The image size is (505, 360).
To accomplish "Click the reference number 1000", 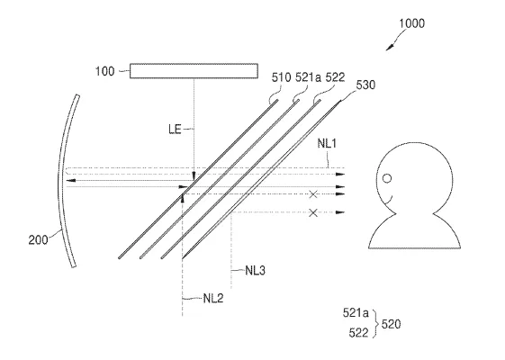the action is click(411, 23).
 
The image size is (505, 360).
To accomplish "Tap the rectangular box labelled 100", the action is click(194, 71).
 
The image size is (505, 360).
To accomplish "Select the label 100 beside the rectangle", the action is click(104, 71).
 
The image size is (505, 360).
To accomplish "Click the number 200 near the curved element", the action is click(38, 240).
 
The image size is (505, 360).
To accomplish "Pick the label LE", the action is click(175, 130).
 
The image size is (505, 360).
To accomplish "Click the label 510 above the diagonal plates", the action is click(281, 77).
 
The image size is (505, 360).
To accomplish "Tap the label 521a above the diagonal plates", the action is click(308, 77).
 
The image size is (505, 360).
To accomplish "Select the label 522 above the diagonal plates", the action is click(335, 77).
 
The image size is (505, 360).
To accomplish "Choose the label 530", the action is click(365, 85).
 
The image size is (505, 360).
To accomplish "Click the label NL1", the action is click(327, 143).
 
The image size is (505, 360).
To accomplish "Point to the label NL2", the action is click(213, 299).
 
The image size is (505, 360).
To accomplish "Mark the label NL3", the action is click(255, 271).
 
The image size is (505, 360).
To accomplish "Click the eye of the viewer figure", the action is click(387, 178).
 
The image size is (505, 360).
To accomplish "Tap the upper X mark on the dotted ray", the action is click(313, 194).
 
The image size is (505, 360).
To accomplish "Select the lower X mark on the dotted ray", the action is click(313, 212).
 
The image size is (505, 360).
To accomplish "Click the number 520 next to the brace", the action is click(391, 324).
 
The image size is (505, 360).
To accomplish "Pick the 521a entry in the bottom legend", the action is click(356, 312).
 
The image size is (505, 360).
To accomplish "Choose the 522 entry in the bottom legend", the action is click(358, 333).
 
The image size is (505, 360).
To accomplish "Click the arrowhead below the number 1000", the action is click(390, 48).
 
